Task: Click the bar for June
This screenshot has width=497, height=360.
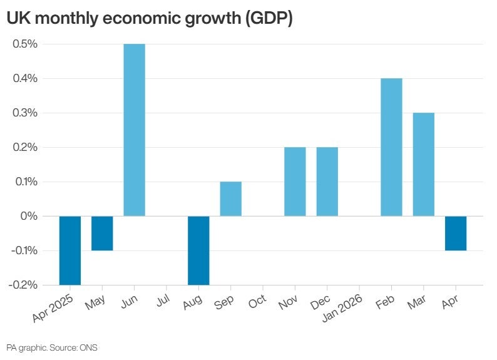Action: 135,130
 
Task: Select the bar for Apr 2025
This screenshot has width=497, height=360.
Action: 70,250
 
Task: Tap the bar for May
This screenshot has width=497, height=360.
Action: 102,234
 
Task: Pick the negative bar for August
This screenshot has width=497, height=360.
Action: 198,250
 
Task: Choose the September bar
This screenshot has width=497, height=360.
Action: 231,199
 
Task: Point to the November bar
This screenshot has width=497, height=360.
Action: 295,182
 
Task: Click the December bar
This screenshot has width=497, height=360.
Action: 327,182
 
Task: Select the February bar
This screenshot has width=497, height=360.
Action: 391,147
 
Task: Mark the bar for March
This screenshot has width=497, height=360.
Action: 424,165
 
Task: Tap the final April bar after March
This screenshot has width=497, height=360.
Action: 456,234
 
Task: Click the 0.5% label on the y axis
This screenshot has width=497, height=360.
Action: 25,44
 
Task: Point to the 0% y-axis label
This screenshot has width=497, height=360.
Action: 29,216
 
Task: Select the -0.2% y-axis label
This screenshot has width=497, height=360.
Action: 23,285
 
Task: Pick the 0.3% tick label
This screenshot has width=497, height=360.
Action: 25,113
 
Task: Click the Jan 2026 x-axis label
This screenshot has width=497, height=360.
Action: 342,308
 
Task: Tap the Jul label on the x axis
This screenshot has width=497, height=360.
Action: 163,300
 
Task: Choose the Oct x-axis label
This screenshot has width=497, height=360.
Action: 257,301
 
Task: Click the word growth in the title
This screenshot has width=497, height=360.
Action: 212,18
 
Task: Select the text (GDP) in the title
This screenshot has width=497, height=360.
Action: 269,18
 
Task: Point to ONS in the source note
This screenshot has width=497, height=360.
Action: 88,347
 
